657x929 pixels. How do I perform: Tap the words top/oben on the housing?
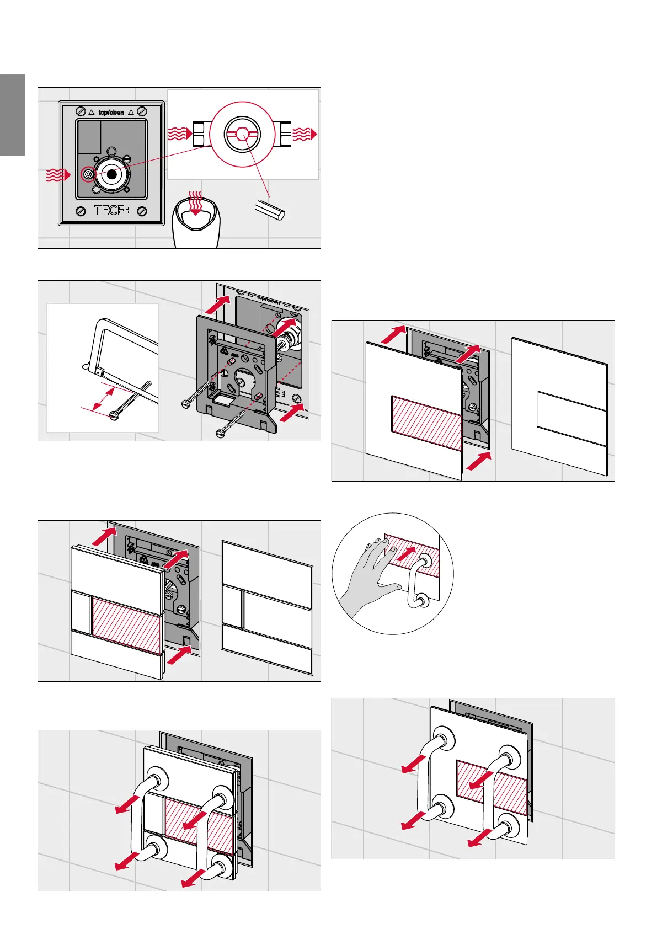pos(111,112)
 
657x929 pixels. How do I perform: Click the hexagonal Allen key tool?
pos(270,210)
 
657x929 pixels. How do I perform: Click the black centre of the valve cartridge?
pos(112,174)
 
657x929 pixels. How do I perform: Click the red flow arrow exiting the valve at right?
pos(305,134)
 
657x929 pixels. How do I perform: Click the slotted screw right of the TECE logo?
pos(142,210)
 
